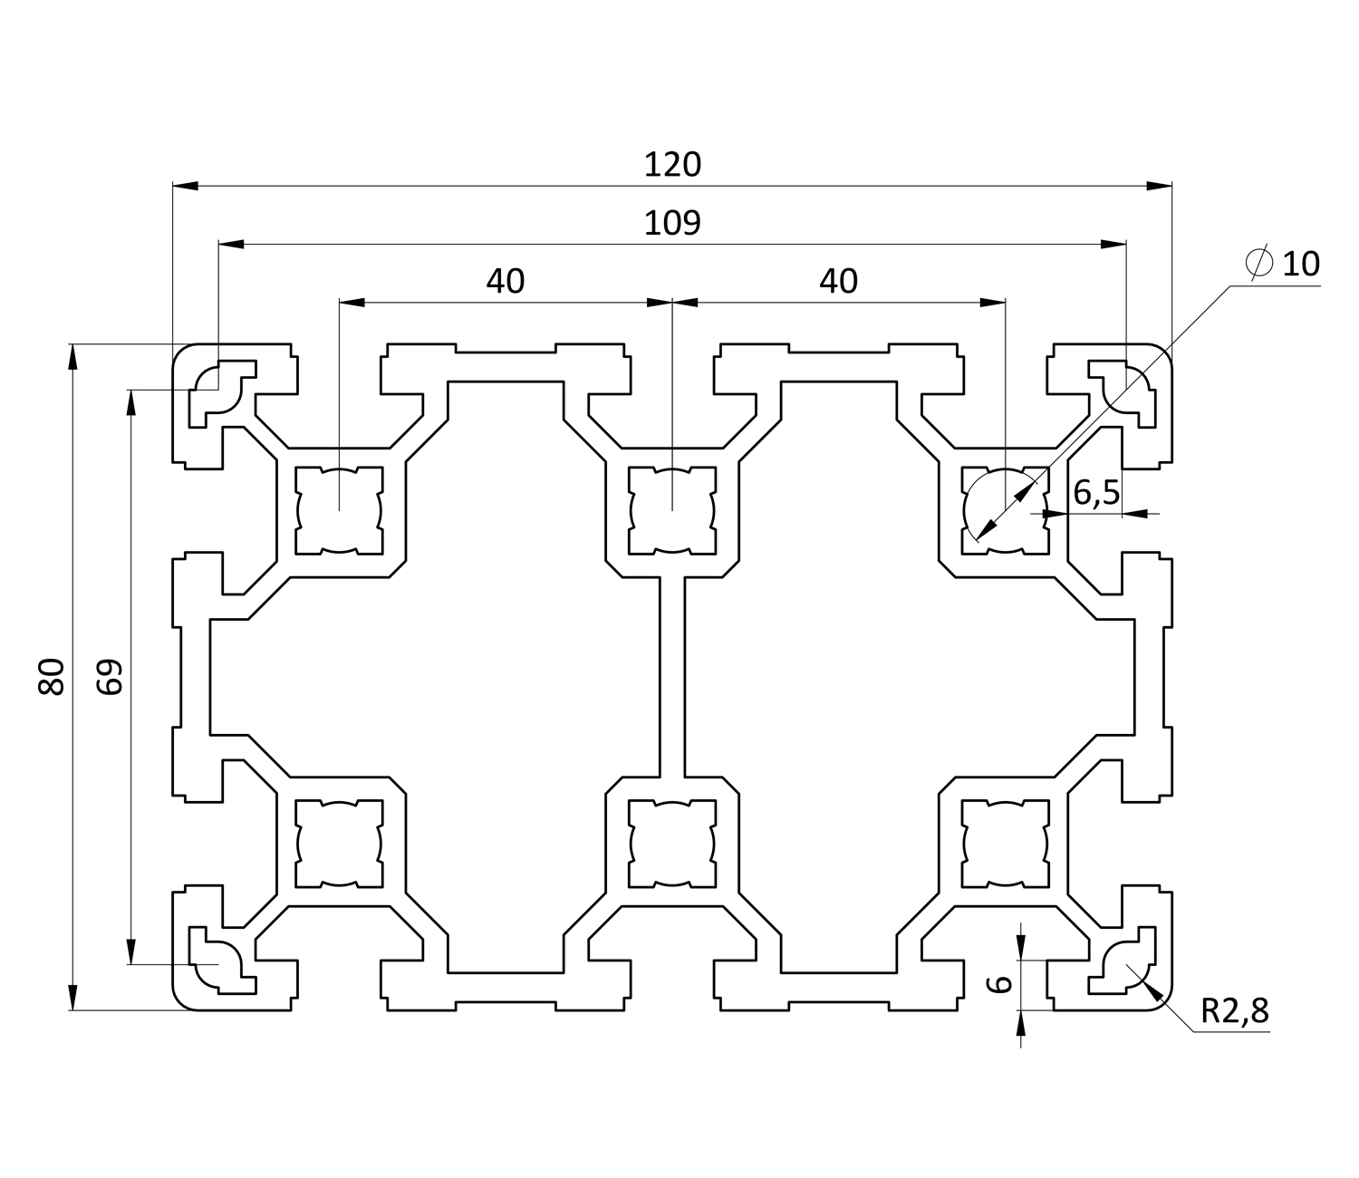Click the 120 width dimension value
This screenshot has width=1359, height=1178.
point(672,165)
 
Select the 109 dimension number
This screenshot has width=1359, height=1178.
point(672,223)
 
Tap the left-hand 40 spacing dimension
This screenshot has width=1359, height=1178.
point(506,282)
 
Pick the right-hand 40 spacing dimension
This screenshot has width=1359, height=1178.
point(838,282)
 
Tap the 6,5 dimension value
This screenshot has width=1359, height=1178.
point(1096,493)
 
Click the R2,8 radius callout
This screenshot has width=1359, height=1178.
point(1235,1011)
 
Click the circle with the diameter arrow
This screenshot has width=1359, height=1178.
point(1004,509)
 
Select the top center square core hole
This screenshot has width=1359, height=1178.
point(671,509)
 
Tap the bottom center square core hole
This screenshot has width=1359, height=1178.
point(671,843)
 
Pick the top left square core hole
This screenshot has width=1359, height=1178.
point(339,509)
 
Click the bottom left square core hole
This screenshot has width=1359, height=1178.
point(339,843)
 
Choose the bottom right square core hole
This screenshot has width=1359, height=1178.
point(1004,843)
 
